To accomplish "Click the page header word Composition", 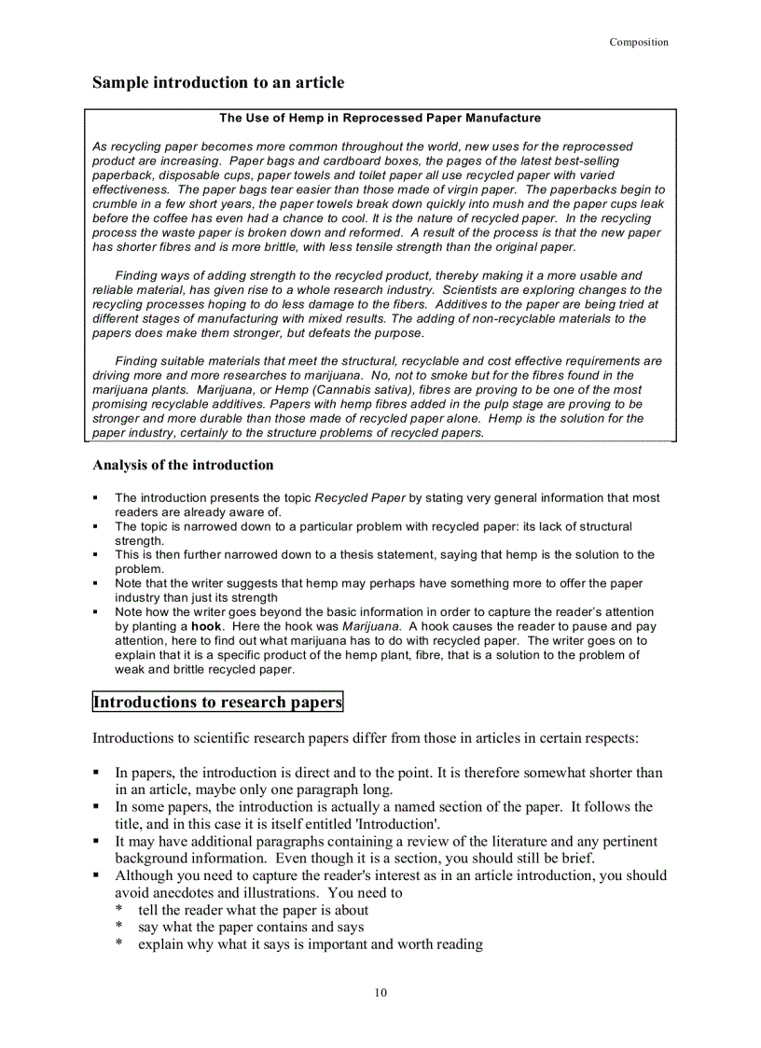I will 639,42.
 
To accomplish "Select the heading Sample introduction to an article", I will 218,83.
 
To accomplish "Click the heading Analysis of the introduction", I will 183,465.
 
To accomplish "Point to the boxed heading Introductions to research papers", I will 217,702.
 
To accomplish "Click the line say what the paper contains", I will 250,928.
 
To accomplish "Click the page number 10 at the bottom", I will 380,992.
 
